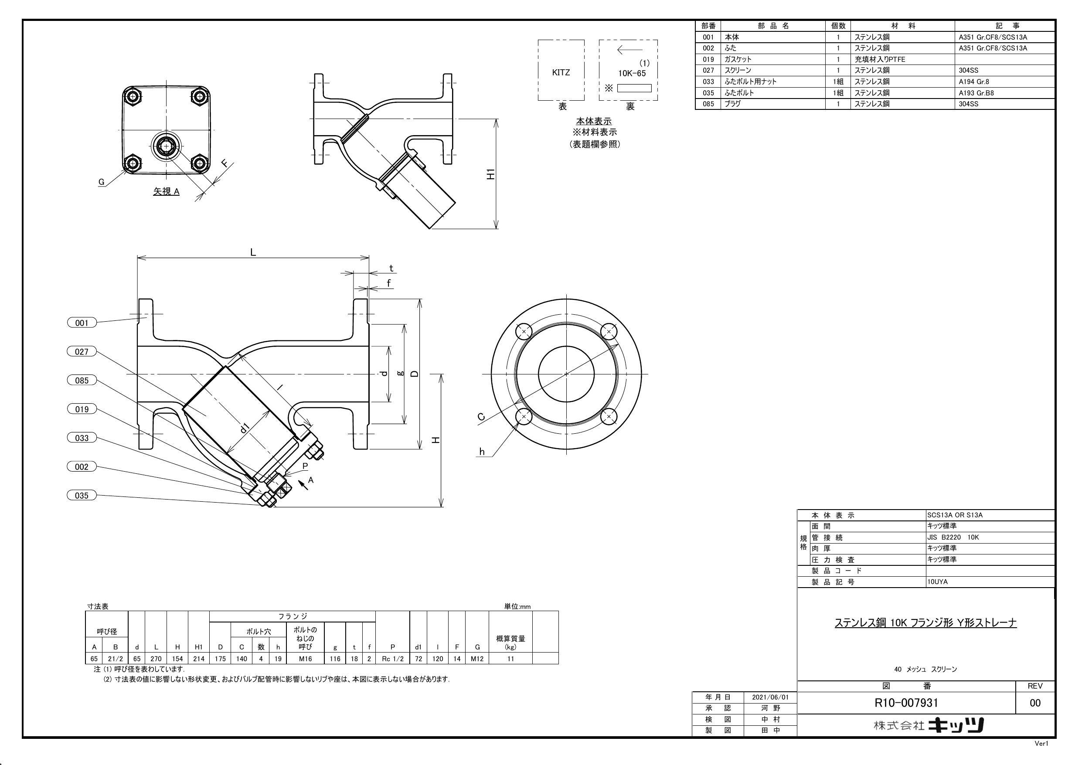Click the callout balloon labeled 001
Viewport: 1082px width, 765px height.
click(82, 323)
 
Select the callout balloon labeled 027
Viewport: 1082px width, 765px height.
click(82, 352)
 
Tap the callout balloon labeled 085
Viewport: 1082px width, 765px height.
click(82, 381)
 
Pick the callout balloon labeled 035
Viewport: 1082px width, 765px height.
click(82, 495)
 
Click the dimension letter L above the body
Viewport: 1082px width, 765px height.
click(253, 252)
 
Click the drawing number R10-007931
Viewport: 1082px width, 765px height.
click(906, 703)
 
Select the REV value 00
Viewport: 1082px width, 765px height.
click(1035, 703)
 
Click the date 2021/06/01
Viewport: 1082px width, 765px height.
click(770, 697)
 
